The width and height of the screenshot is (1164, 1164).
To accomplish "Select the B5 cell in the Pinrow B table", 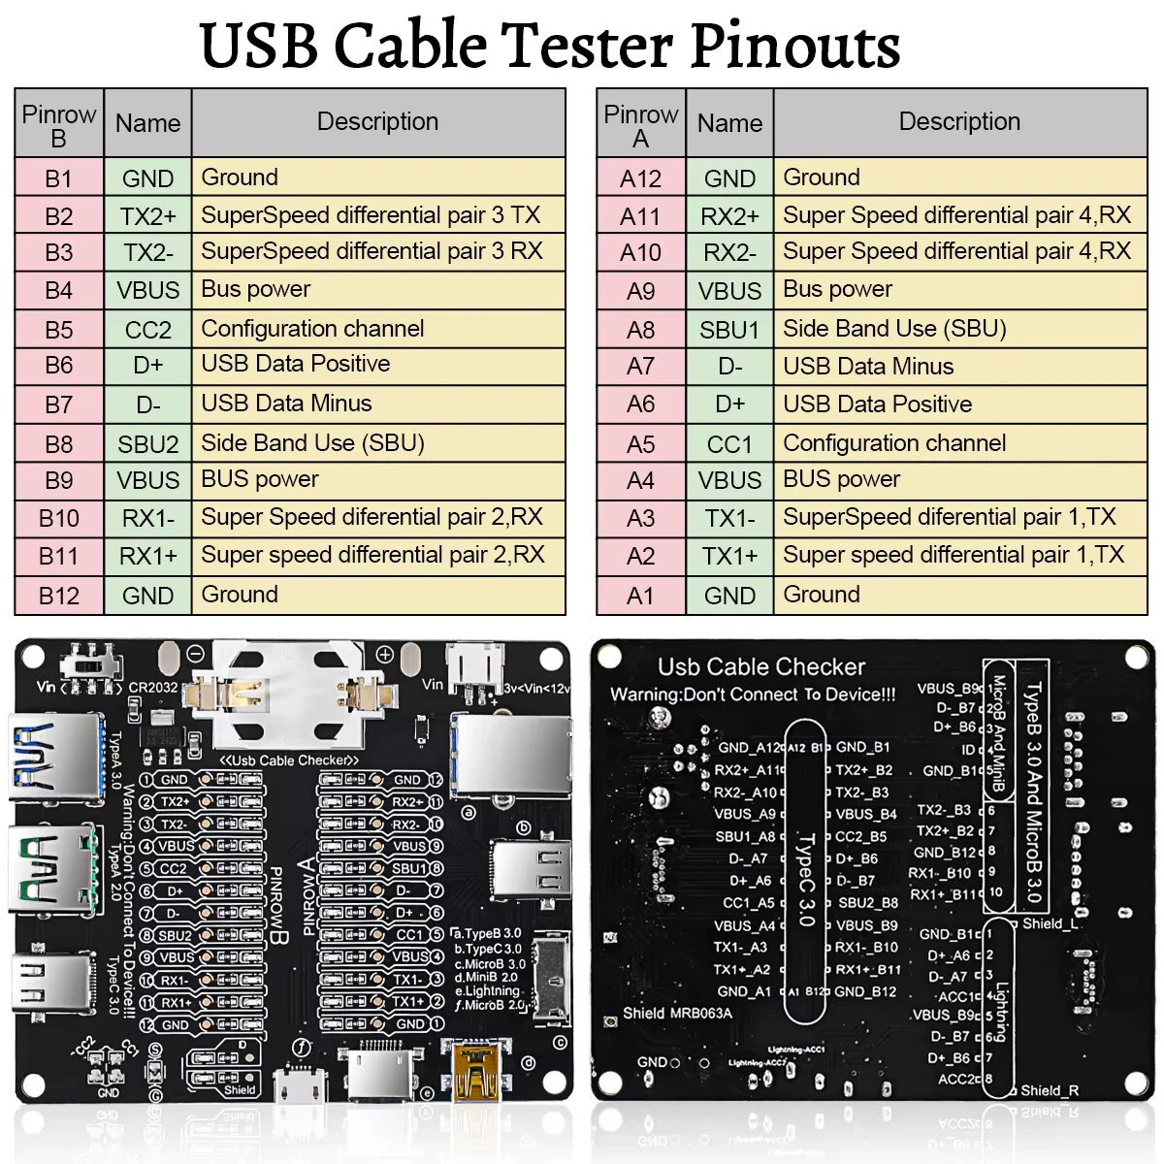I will (x=58, y=330).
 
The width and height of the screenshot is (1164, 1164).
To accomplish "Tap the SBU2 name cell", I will (x=147, y=444).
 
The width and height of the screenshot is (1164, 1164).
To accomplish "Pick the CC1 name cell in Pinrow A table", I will (x=729, y=444).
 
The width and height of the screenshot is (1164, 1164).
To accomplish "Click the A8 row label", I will (x=640, y=330).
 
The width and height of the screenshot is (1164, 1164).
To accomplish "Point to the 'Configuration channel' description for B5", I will (x=312, y=329).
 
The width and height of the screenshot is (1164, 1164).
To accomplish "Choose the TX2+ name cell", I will (x=147, y=215).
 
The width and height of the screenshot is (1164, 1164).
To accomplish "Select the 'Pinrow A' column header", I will (x=640, y=125).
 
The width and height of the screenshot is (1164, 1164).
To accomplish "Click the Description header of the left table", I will (x=377, y=122).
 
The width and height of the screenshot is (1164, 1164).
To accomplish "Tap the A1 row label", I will (x=640, y=596).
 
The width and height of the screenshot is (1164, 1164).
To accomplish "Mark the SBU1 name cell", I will (x=729, y=330).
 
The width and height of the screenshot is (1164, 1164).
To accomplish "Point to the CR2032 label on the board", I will (x=153, y=688).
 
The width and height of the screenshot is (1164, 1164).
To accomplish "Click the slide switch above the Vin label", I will (x=91, y=665).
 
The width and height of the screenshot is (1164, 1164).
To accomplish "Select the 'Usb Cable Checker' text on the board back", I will (x=760, y=667).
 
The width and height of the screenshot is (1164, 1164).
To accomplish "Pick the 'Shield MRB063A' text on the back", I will (x=677, y=1014).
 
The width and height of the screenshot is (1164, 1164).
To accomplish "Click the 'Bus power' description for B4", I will (x=256, y=289).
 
